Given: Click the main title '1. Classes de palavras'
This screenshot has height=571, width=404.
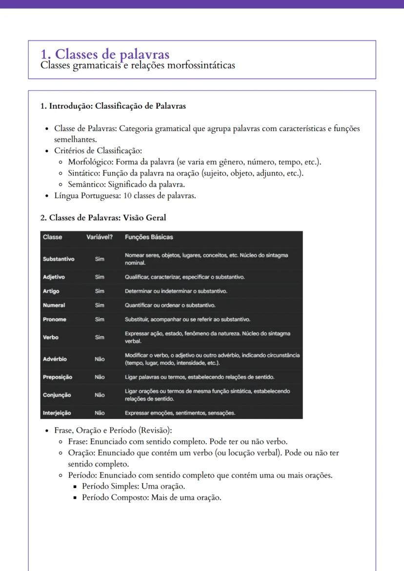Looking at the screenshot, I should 105,54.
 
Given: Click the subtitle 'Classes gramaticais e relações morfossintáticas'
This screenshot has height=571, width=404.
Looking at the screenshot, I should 138,65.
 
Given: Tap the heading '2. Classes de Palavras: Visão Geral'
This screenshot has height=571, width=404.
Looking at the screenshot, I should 103,217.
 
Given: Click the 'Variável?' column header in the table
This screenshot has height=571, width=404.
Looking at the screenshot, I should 100,237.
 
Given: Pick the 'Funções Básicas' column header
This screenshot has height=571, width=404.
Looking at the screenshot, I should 149,237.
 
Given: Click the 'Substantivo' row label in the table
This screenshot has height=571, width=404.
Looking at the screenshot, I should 59,259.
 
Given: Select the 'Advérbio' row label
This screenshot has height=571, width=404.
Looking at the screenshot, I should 55,359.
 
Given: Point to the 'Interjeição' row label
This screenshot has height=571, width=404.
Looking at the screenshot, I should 57,413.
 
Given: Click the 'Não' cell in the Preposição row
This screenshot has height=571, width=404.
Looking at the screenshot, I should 100,377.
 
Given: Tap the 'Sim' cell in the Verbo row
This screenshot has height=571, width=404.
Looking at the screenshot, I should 100,337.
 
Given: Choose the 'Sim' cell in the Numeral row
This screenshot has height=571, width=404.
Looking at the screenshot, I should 100,305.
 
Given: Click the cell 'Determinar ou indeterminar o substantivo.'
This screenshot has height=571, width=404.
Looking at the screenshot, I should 176,291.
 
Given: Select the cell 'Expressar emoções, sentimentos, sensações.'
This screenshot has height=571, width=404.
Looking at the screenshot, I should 180,413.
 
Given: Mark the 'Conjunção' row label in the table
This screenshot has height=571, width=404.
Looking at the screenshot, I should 57,395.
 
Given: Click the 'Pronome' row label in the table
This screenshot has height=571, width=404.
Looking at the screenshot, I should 55,319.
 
